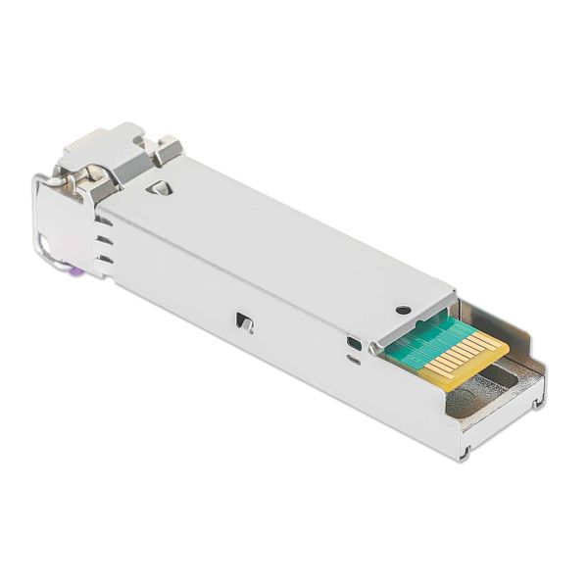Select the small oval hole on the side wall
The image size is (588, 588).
pyautogui.click(x=352, y=343)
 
